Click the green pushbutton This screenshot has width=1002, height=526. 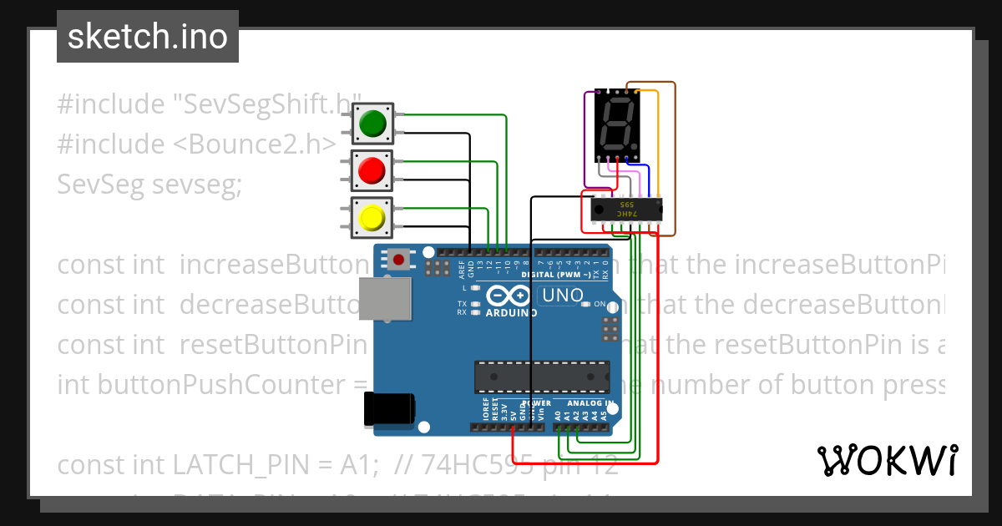[372, 124]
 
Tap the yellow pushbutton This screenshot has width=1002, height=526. [372, 219]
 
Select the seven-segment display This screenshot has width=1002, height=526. [617, 126]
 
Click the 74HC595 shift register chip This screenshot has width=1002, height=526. [626, 210]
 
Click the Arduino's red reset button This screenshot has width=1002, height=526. [399, 260]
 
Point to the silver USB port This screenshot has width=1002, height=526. [385, 298]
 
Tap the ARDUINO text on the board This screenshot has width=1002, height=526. [511, 313]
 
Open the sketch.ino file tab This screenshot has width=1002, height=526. [148, 37]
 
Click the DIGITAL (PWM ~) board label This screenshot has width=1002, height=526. [558, 274]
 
